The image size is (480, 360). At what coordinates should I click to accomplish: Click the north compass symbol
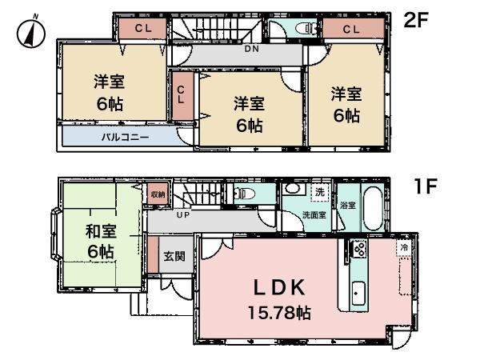click(x=30, y=32)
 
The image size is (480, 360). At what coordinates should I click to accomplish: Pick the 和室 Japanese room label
click(x=102, y=234)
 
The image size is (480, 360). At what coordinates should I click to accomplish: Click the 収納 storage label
click(x=158, y=194)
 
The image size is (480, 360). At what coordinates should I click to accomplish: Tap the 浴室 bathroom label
click(x=347, y=205)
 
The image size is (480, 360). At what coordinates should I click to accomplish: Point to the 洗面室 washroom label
click(x=314, y=214)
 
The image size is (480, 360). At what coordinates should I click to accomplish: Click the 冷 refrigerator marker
click(x=404, y=249)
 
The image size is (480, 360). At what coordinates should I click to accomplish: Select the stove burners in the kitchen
click(x=359, y=249)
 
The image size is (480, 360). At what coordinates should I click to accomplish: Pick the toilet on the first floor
click(x=243, y=194)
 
